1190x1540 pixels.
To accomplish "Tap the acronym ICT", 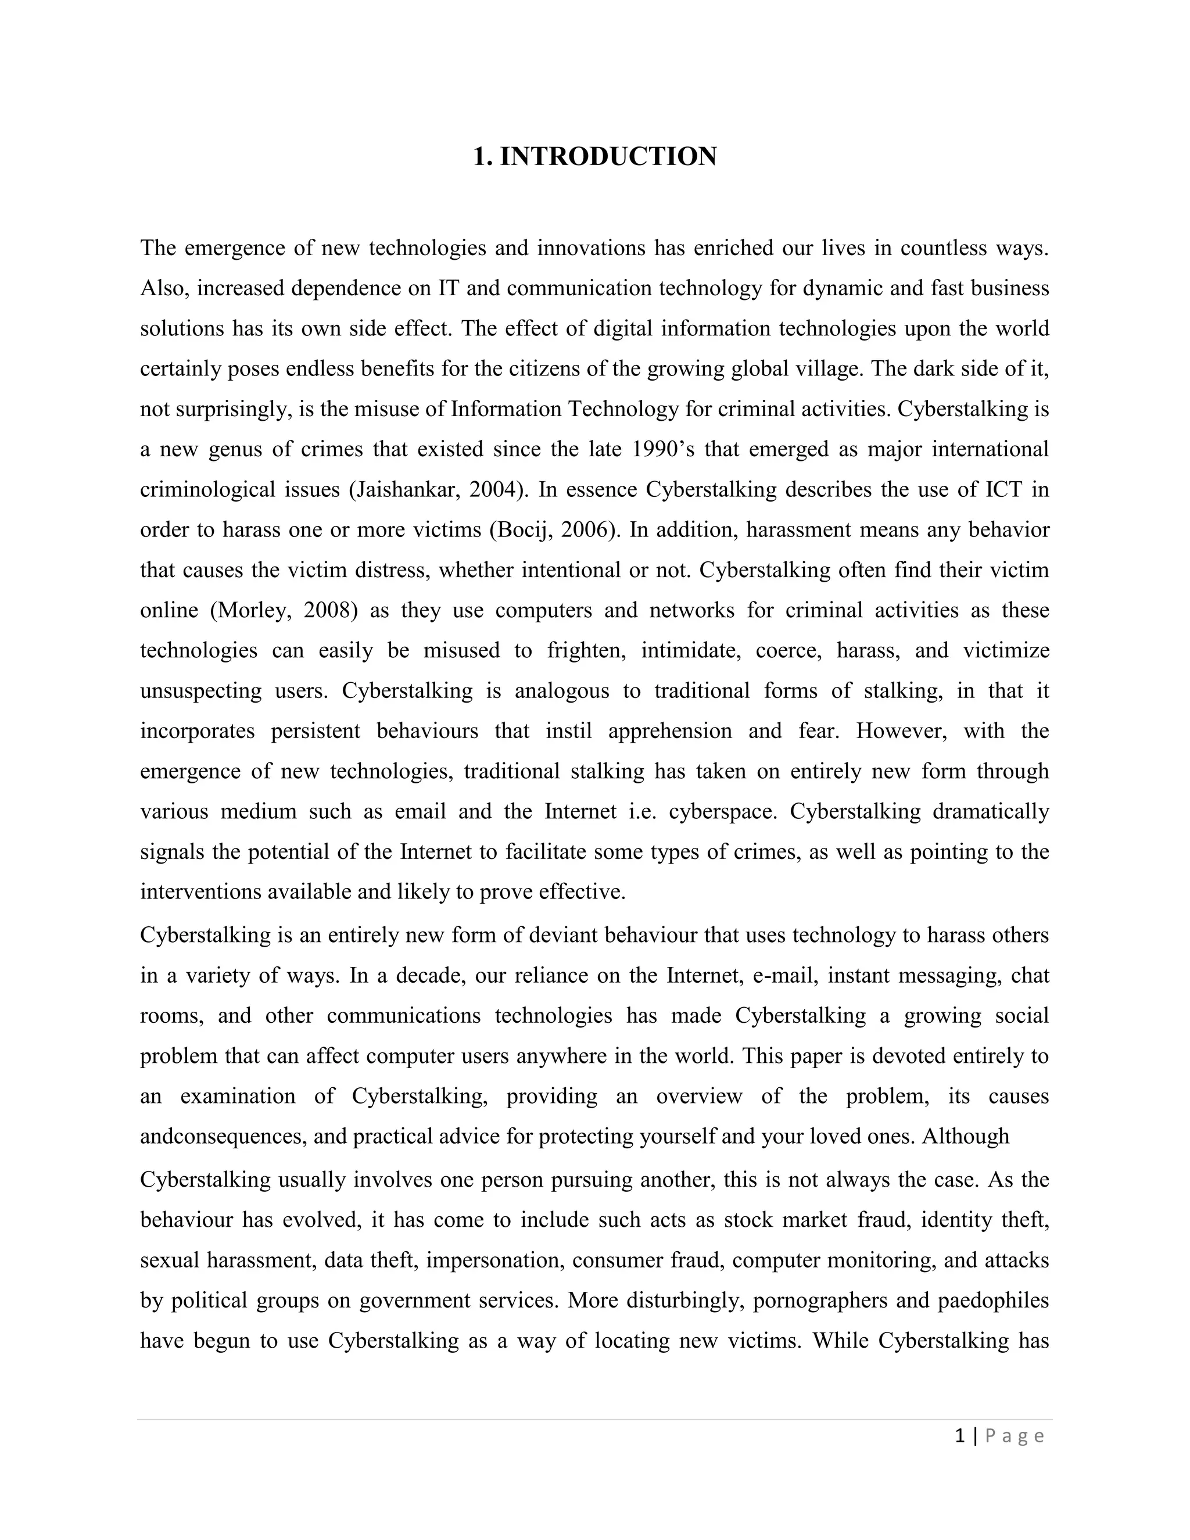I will click(1003, 489).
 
